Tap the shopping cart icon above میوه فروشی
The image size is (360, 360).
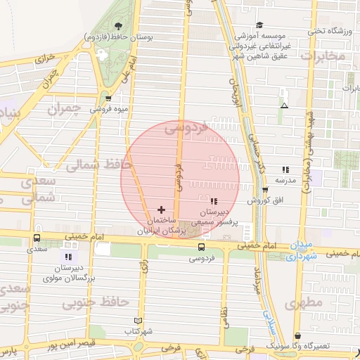click(108, 98)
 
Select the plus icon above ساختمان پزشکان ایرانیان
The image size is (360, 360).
click(162, 210)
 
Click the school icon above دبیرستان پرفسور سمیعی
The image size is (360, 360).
click(213, 201)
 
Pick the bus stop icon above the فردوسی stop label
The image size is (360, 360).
click(201, 247)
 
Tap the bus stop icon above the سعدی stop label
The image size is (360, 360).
click(37, 238)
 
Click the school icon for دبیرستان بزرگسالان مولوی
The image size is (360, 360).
click(68, 257)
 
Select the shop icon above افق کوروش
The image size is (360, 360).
click(264, 190)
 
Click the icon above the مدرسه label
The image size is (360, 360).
click(285, 169)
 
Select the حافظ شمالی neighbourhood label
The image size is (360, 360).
click(94, 165)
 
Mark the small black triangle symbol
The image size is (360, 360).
click(283, 105)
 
